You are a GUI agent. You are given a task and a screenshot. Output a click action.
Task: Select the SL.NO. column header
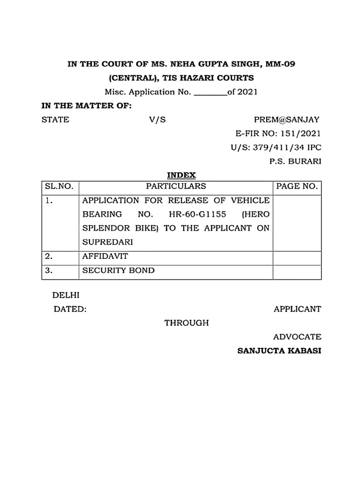[x=59, y=186]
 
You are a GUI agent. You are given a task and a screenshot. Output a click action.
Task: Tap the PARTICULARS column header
[x=176, y=186]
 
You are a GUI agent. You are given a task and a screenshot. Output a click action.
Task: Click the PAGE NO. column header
[x=297, y=186]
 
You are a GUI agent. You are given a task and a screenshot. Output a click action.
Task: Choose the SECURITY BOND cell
[x=119, y=270]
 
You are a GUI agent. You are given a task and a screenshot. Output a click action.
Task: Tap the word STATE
[x=55, y=120]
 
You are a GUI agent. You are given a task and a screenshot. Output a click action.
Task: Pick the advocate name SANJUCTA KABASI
[x=279, y=351]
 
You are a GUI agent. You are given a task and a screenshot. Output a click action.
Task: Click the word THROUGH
[x=187, y=322]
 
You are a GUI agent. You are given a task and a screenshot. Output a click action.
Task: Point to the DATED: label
[x=69, y=309]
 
